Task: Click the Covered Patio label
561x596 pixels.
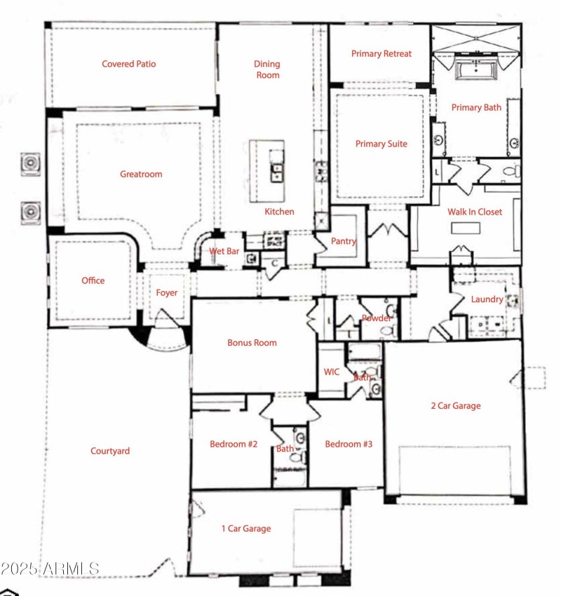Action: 128,64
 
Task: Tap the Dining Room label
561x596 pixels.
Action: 266,69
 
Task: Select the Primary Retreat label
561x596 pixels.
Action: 381,53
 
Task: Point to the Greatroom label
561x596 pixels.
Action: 141,174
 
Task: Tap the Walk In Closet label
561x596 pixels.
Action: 475,212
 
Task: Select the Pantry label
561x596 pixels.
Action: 344,241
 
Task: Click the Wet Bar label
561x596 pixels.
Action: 225,252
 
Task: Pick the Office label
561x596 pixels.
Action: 93,280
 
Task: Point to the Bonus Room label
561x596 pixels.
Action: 252,343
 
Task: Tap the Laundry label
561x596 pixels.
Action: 487,299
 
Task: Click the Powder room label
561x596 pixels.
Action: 376,318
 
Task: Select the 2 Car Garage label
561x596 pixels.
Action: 455,405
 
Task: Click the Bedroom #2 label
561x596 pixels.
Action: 234,444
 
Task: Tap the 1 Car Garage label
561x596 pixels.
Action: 245,529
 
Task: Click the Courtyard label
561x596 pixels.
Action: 110,451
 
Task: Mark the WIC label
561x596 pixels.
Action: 331,372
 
